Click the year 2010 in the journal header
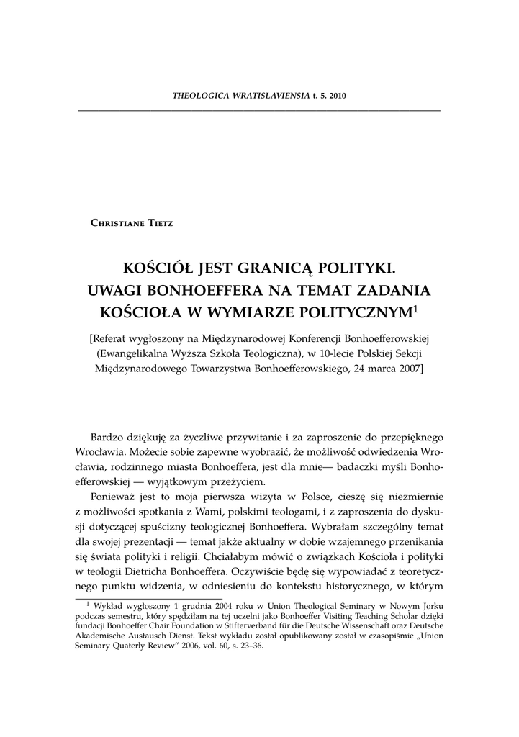(338, 96)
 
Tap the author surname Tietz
(158, 222)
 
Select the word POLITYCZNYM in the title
(348, 312)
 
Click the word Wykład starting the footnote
(108, 606)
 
